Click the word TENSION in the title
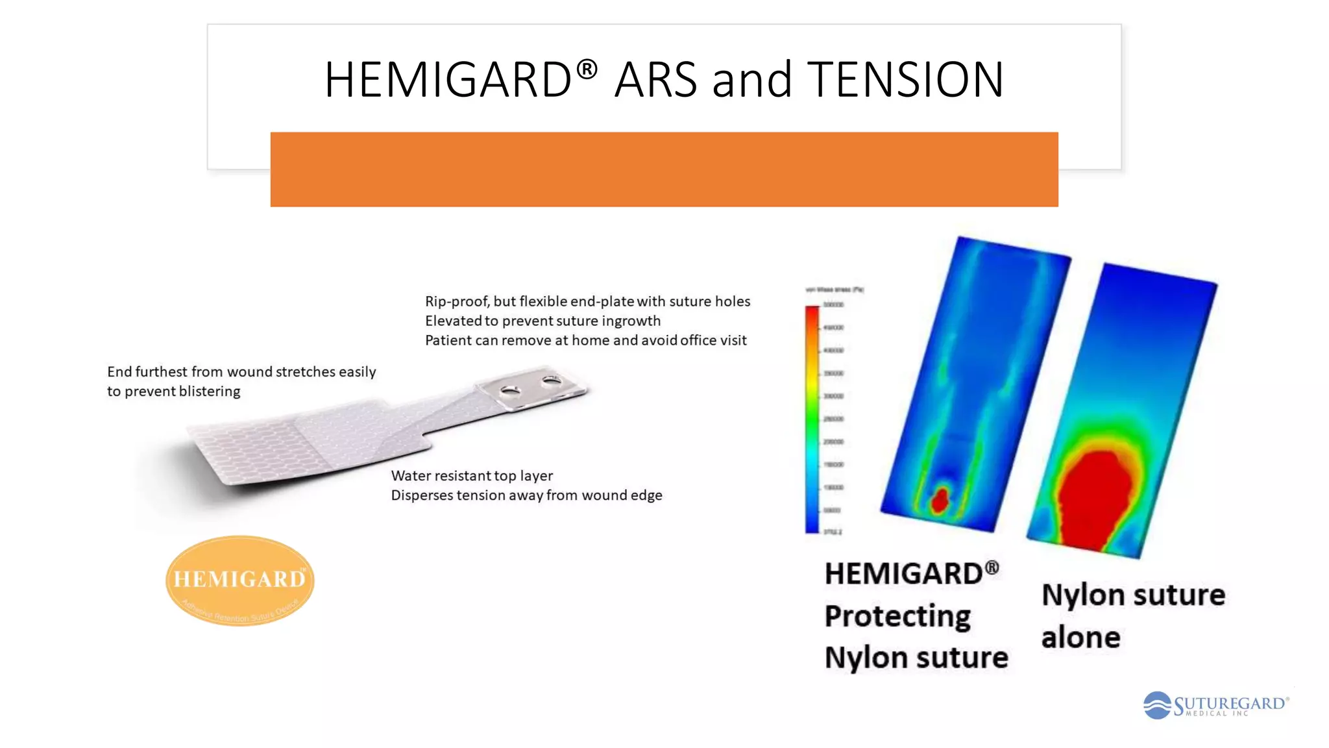pyautogui.click(x=905, y=80)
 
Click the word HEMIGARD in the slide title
pyautogui.click(x=448, y=80)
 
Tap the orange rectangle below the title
pyautogui.click(x=664, y=169)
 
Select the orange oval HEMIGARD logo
pyautogui.click(x=239, y=580)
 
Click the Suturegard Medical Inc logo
pyautogui.click(x=1215, y=705)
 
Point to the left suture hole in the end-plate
pyautogui.click(x=510, y=391)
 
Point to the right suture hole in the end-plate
pyautogui.click(x=552, y=380)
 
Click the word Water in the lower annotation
pyautogui.click(x=411, y=476)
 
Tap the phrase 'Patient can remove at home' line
pyautogui.click(x=585, y=340)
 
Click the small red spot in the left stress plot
pyautogui.click(x=940, y=500)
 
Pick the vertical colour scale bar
pyautogui.click(x=812, y=419)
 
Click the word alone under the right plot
pyautogui.click(x=1080, y=638)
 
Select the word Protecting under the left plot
pyautogui.click(x=897, y=616)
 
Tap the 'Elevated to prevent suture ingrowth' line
pyautogui.click(x=543, y=321)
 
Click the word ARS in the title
pyautogui.click(x=655, y=80)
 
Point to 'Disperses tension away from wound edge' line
pyautogui.click(x=526, y=495)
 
